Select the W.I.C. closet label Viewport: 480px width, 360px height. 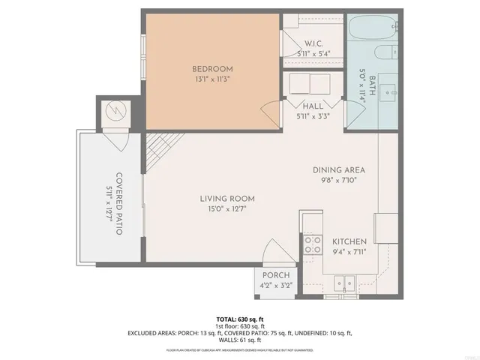coord(313,43)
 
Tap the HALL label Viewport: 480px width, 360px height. coord(313,106)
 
